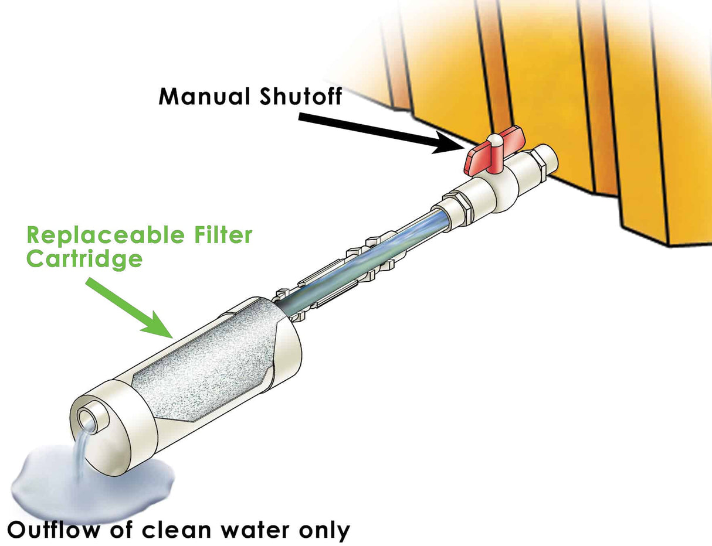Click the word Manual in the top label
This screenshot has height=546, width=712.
tap(199, 95)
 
